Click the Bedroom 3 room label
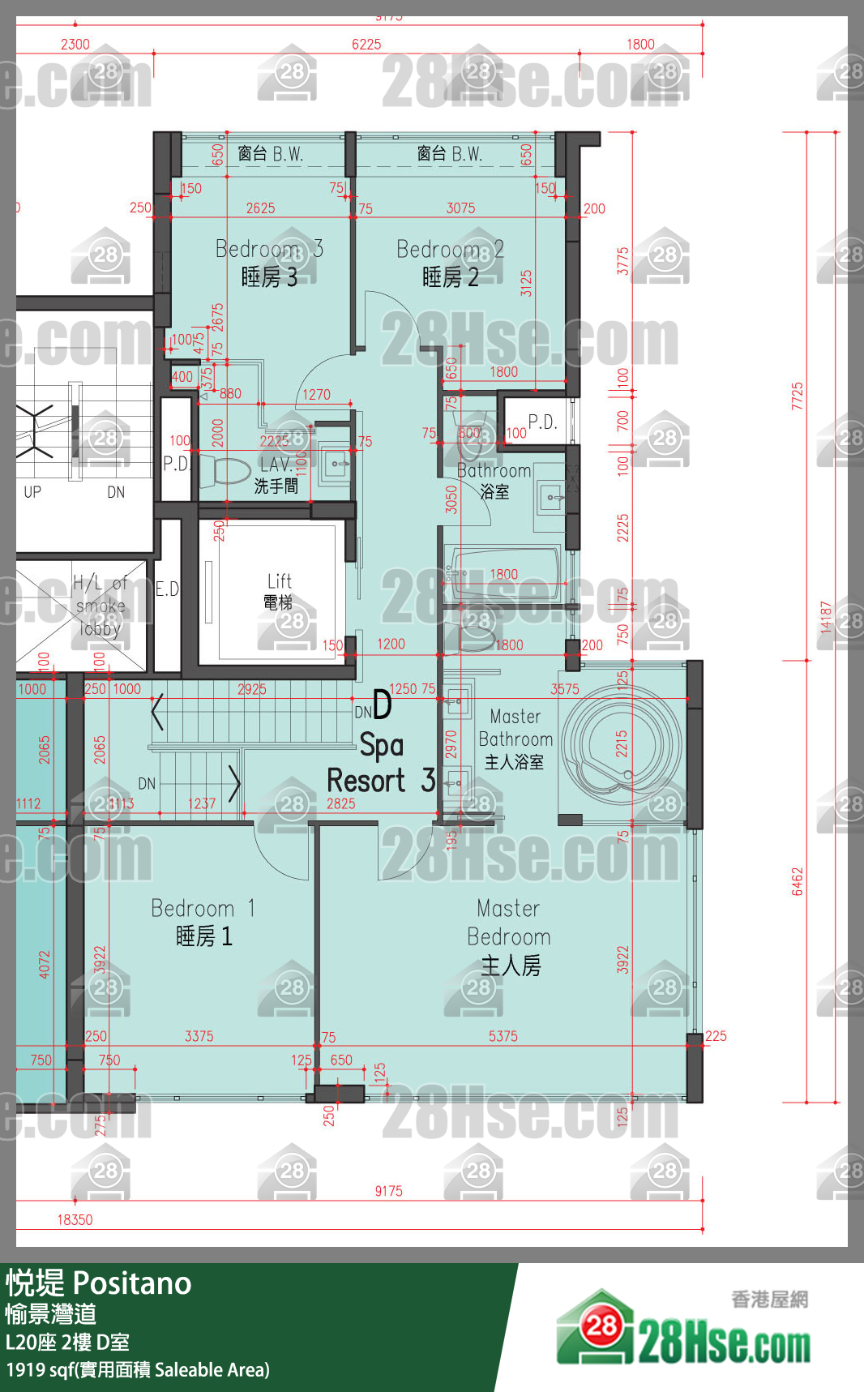click(269, 263)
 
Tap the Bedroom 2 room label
click(450, 263)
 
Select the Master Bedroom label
click(509, 936)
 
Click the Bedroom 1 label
click(203, 922)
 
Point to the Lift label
click(279, 591)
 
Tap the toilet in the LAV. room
click(227, 470)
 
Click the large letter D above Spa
click(382, 705)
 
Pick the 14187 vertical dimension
click(826, 617)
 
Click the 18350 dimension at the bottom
click(75, 1219)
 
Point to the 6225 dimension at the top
click(366, 45)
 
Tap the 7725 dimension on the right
click(798, 396)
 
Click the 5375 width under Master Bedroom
click(503, 1036)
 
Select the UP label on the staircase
click(32, 492)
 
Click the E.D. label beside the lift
click(167, 589)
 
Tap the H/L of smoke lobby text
click(100, 605)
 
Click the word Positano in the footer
click(132, 1283)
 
